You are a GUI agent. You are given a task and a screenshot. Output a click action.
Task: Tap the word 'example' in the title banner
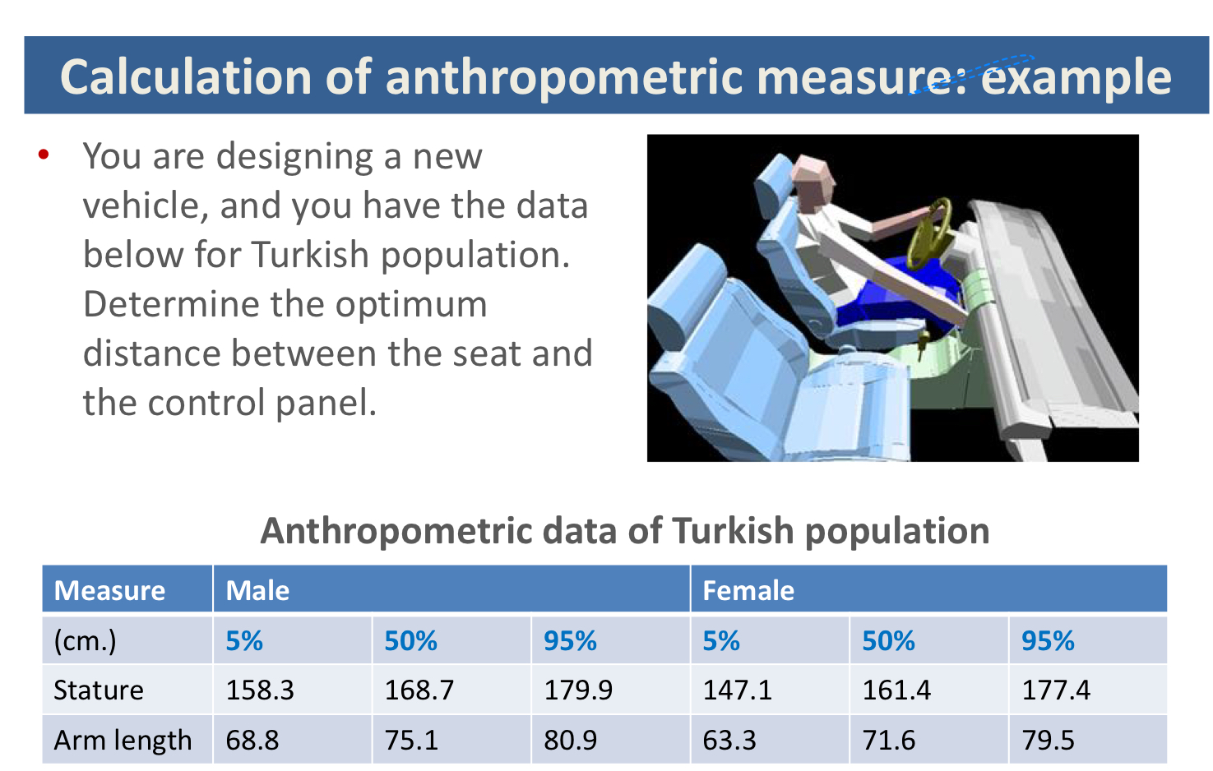[x=1076, y=77]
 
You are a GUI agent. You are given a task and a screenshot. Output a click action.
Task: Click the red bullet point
[x=44, y=155]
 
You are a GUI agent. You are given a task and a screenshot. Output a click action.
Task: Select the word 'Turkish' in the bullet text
[x=310, y=255]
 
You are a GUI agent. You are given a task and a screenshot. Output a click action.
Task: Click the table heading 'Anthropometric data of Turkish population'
[x=625, y=531]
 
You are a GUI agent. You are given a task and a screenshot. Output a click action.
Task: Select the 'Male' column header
[x=257, y=590]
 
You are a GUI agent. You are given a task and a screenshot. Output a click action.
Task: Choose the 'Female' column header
[x=748, y=590]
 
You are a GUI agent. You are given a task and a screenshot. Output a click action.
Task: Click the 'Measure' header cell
[x=110, y=590]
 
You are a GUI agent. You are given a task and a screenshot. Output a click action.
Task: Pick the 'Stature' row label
[x=99, y=690]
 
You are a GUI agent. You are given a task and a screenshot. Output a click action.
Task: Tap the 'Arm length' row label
[x=123, y=740]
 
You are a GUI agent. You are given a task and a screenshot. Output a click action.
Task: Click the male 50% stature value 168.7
[x=419, y=690]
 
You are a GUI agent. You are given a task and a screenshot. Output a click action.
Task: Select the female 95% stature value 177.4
[x=1056, y=690]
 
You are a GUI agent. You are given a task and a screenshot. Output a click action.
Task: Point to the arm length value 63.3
[x=729, y=740]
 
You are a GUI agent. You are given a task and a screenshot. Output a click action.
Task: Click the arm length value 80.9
[x=570, y=740]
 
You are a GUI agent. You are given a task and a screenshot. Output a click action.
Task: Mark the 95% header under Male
[x=570, y=640]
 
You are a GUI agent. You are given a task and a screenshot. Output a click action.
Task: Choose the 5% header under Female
[x=721, y=640]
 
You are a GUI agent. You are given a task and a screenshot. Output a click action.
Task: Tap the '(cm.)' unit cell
[x=85, y=641]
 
